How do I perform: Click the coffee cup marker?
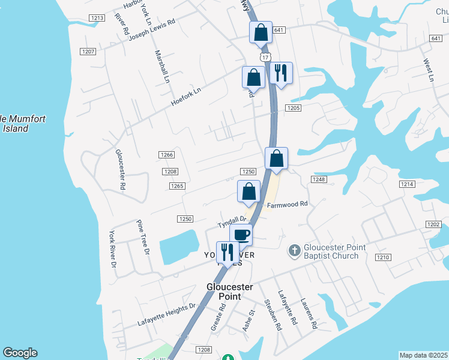(241, 234)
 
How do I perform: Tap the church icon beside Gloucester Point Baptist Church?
(294, 250)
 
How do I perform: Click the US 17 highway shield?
(265, 56)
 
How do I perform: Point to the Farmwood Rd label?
(287, 204)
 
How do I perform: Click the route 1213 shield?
(97, 18)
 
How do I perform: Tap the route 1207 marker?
(89, 52)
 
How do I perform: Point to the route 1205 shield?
(293, 108)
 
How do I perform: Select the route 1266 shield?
(167, 155)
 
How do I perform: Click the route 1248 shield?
(318, 179)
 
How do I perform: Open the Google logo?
(20, 353)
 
